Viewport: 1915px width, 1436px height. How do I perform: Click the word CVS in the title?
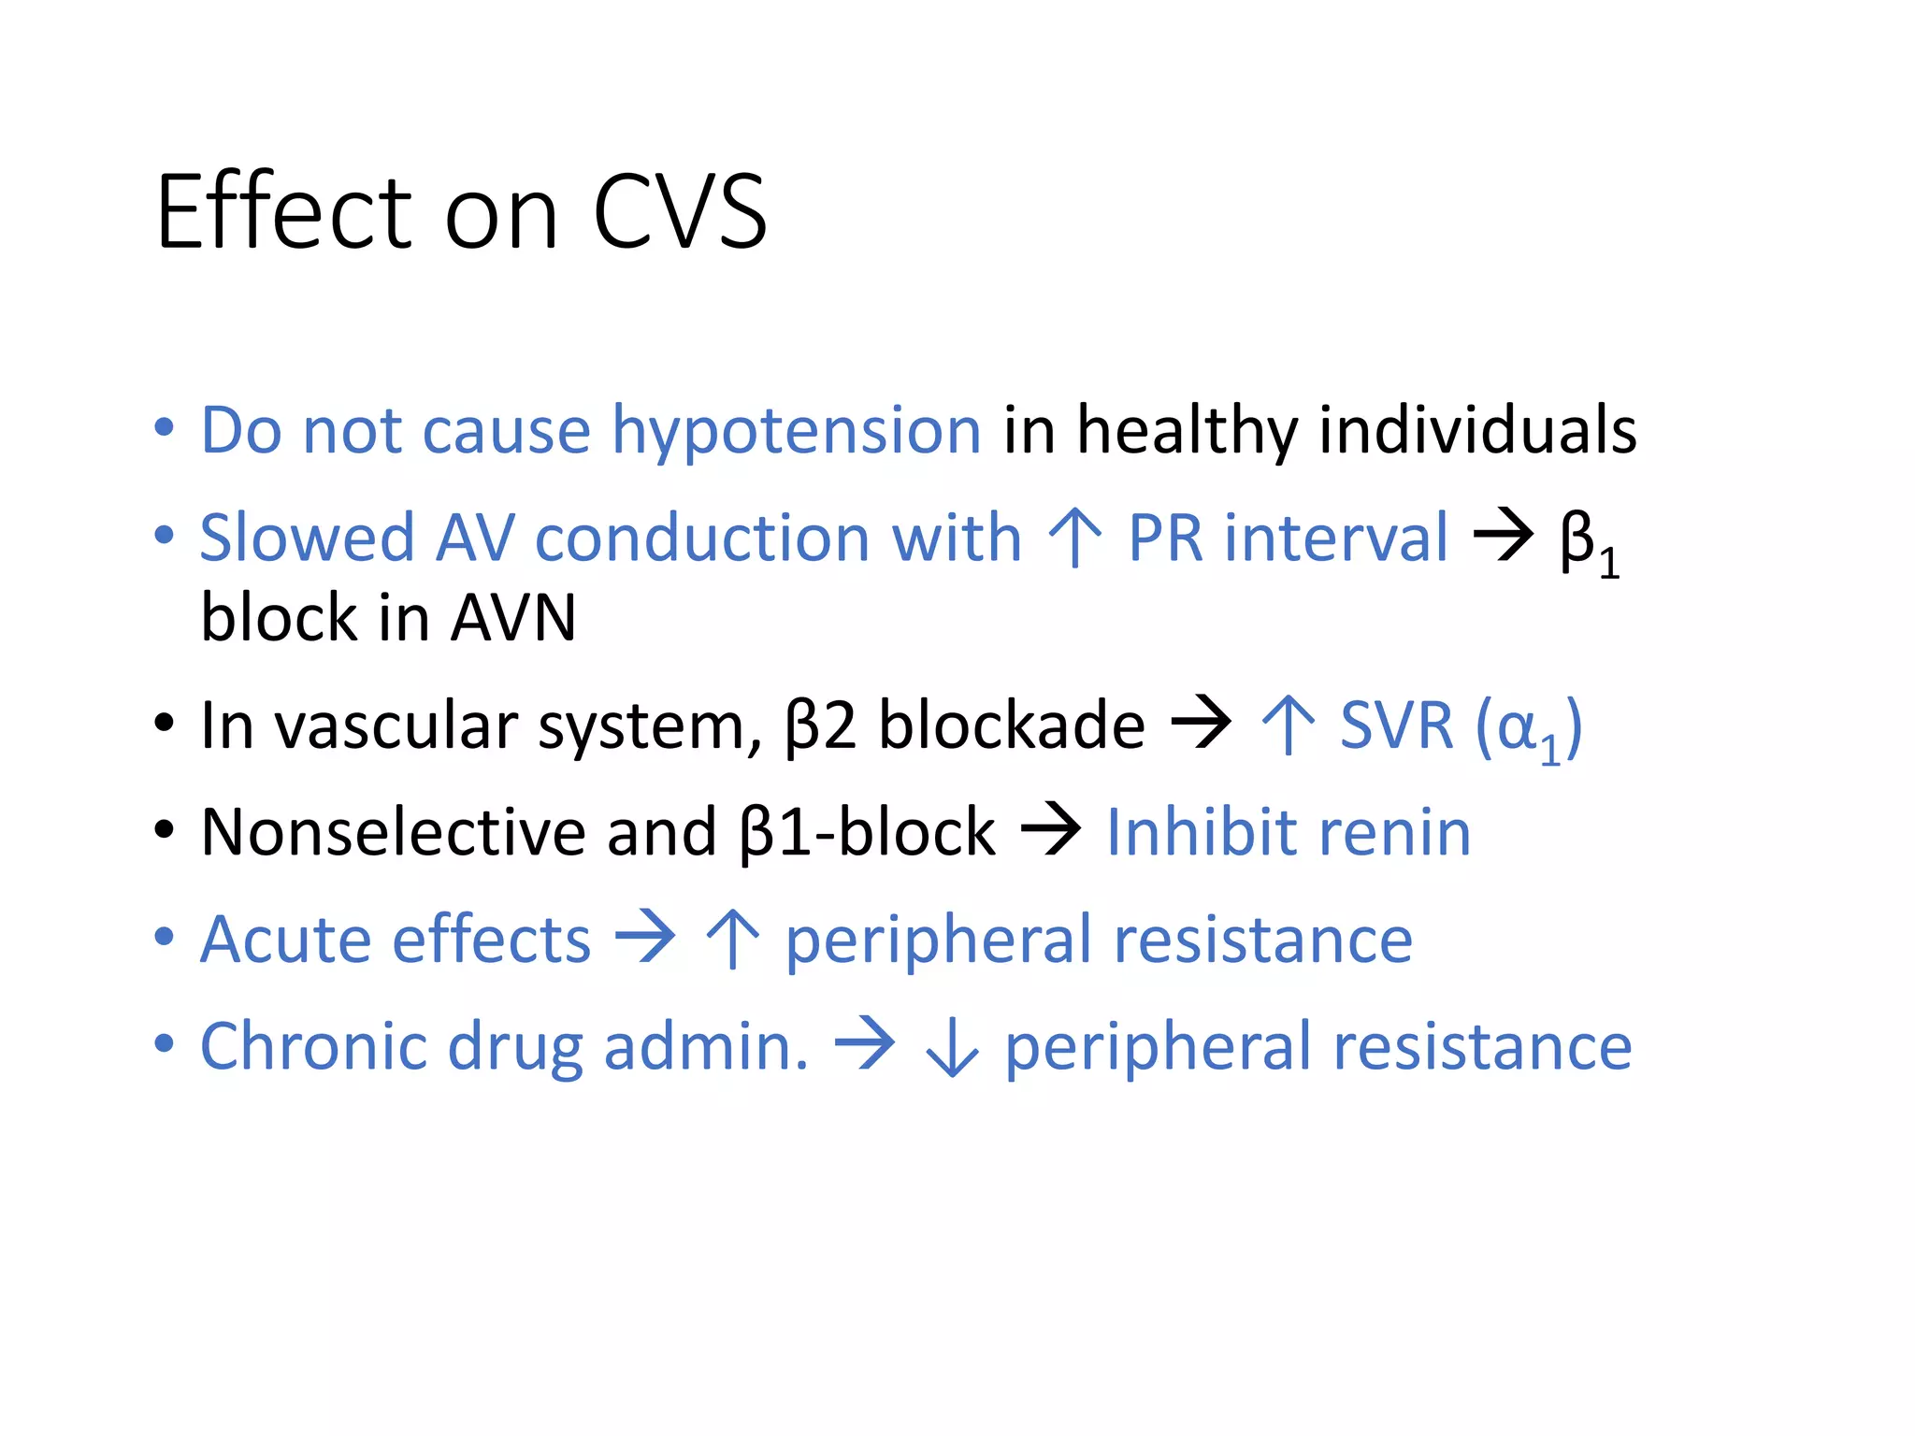680,213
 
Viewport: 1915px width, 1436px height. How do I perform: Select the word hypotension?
796,432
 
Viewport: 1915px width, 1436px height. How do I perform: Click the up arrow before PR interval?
1075,538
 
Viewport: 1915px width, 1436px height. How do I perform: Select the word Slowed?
307,538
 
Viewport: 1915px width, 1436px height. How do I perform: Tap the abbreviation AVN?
512,619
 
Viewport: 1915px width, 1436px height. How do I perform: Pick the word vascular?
396,726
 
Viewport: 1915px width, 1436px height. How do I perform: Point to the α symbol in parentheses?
1517,727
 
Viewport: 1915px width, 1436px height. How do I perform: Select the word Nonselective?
393,833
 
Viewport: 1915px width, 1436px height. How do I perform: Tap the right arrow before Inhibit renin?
1050,830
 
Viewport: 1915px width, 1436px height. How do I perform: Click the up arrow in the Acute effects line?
732,940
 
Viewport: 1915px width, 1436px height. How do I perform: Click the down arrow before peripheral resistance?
952,1049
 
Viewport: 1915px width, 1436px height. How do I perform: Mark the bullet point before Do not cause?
165,429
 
